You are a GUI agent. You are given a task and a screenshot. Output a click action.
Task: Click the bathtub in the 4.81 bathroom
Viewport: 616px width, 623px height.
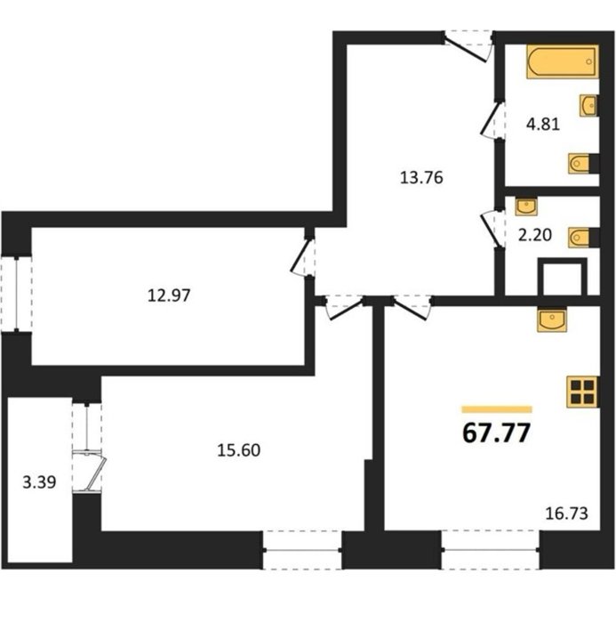pyautogui.click(x=563, y=61)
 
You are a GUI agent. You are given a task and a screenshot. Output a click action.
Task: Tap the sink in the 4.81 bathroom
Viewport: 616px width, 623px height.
pyautogui.click(x=588, y=106)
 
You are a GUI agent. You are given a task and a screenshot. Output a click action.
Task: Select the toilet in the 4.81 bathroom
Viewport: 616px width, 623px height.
pyautogui.click(x=583, y=163)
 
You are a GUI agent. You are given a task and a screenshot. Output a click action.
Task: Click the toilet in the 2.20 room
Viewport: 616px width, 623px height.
pyautogui.click(x=583, y=238)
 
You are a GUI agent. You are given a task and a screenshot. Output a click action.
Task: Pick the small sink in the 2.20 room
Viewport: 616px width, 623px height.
pyautogui.click(x=526, y=206)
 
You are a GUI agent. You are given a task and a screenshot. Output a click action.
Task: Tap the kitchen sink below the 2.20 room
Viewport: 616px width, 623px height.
pyautogui.click(x=552, y=320)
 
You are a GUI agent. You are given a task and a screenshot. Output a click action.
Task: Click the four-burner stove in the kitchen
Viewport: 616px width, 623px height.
pyautogui.click(x=582, y=392)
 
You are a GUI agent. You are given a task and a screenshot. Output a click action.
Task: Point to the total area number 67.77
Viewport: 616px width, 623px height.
pyautogui.click(x=497, y=433)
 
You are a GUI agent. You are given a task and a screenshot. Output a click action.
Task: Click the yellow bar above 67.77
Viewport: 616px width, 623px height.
pyautogui.click(x=497, y=409)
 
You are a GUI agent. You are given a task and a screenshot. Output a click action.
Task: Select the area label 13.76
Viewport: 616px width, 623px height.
pyautogui.click(x=421, y=178)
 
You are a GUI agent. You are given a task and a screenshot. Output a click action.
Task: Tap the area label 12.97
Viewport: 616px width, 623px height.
pyautogui.click(x=169, y=295)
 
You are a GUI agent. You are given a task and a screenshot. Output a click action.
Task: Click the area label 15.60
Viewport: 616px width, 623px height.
pyautogui.click(x=238, y=450)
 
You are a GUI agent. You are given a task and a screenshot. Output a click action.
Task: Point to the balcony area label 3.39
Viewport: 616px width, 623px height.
pyautogui.click(x=39, y=482)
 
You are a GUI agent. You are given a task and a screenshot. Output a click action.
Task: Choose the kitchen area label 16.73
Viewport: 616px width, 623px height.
pyautogui.click(x=567, y=514)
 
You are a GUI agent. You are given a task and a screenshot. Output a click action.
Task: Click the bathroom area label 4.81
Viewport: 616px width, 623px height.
pyautogui.click(x=543, y=125)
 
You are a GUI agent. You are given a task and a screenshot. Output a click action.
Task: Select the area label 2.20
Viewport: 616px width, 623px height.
pyautogui.click(x=535, y=235)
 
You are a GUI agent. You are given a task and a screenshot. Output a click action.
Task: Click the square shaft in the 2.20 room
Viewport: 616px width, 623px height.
pyautogui.click(x=563, y=277)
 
